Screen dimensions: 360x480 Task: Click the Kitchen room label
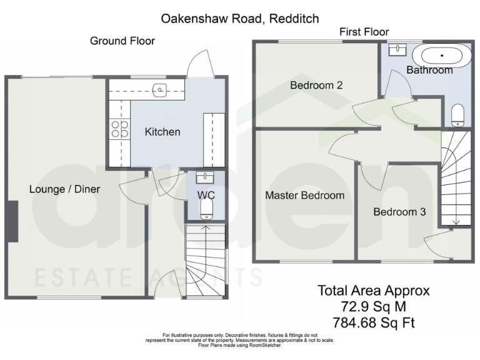(x=162, y=132)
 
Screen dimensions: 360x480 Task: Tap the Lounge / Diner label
(x=64, y=189)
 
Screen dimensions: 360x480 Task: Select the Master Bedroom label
(x=304, y=196)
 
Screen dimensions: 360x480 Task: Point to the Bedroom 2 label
(x=316, y=86)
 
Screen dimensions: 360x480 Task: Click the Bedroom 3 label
(x=399, y=212)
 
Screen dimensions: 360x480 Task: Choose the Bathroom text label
(x=429, y=70)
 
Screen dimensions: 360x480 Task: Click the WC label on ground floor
(x=206, y=195)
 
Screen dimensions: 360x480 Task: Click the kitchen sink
(x=161, y=91)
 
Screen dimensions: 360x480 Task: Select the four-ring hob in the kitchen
(x=119, y=129)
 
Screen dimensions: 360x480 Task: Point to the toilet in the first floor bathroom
(x=457, y=115)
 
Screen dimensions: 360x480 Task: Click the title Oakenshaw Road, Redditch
(x=240, y=19)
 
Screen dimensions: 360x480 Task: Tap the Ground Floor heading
(x=122, y=41)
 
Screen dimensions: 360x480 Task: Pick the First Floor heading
(x=364, y=32)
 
